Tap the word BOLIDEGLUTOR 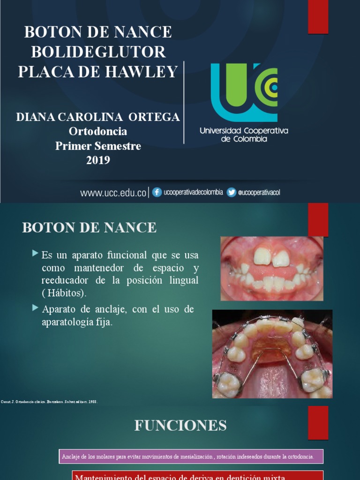pyautogui.click(x=98, y=52)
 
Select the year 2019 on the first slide pyautogui.click(x=98, y=160)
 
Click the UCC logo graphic pyautogui.click(x=244, y=92)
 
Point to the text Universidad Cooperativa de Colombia pyautogui.click(x=244, y=135)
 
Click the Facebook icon pyautogui.click(x=157, y=192)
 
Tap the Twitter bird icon pyautogui.click(x=231, y=192)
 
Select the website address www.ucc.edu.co pyautogui.click(x=113, y=193)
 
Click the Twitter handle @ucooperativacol pyautogui.click(x=259, y=193)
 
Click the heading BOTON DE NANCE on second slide pyautogui.click(x=89, y=228)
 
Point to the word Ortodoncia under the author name pyautogui.click(x=98, y=131)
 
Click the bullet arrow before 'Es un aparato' pyautogui.click(x=35, y=254)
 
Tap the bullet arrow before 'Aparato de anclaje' pyautogui.click(x=35, y=308)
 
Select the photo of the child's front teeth pyautogui.click(x=272, y=268)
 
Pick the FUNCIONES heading pyautogui.click(x=180, y=426)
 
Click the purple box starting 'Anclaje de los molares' pyautogui.click(x=191, y=456)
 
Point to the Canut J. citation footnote pyautogui.click(x=50, y=402)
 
